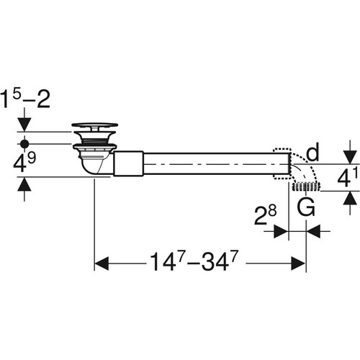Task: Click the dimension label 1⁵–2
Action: click(x=25, y=99)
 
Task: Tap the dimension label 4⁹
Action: click(x=24, y=163)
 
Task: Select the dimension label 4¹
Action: click(x=348, y=177)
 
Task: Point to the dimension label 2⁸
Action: click(x=266, y=215)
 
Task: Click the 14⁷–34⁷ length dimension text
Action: click(x=194, y=261)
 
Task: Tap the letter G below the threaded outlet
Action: click(x=306, y=207)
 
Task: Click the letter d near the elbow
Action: click(x=313, y=152)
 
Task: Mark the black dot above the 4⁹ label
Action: click(x=24, y=144)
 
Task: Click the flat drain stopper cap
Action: click(x=95, y=125)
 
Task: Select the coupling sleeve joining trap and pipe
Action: click(x=128, y=163)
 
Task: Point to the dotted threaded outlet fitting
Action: click(x=306, y=187)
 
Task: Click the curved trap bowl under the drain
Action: click(x=94, y=166)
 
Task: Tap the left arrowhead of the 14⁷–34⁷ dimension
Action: click(x=102, y=264)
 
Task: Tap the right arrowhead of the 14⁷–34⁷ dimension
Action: click(x=298, y=264)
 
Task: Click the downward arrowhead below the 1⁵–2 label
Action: click(x=24, y=125)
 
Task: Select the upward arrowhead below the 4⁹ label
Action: click(x=24, y=184)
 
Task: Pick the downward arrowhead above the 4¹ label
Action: click(x=350, y=158)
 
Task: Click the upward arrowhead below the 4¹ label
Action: click(x=350, y=198)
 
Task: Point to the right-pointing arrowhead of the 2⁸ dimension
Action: click(x=281, y=231)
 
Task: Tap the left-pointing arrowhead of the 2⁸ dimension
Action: click(x=313, y=231)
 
